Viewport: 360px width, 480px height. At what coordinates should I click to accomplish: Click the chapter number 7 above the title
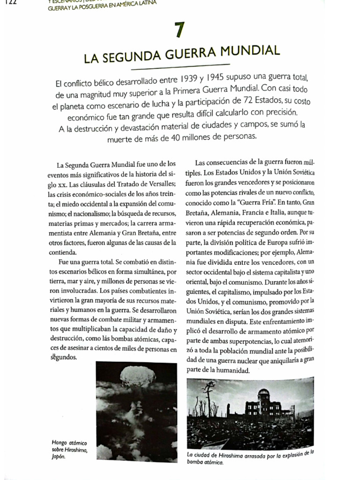tap(179, 30)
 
